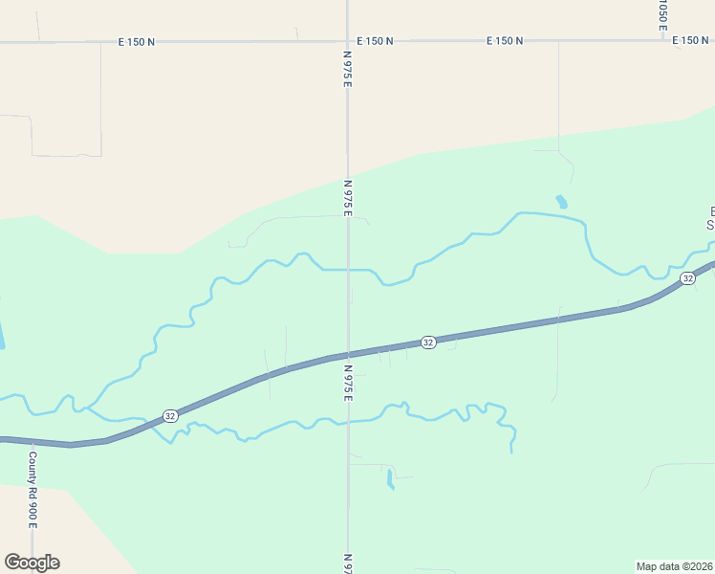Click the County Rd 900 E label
point(32,490)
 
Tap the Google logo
point(32,563)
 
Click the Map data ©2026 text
point(675,565)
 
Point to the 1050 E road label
point(661,14)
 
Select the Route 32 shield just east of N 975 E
point(428,342)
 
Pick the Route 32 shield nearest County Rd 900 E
point(169,416)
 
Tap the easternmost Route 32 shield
point(687,277)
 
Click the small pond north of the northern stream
point(561,202)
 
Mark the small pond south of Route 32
point(390,478)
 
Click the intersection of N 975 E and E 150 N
point(348,41)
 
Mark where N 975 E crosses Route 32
point(348,355)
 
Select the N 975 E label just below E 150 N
point(348,72)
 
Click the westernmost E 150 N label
point(137,41)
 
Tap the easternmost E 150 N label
point(690,41)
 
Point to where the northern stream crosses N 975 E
point(348,270)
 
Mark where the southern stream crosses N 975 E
point(348,422)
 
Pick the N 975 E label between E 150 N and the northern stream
point(348,198)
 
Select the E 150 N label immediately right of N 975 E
point(375,41)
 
